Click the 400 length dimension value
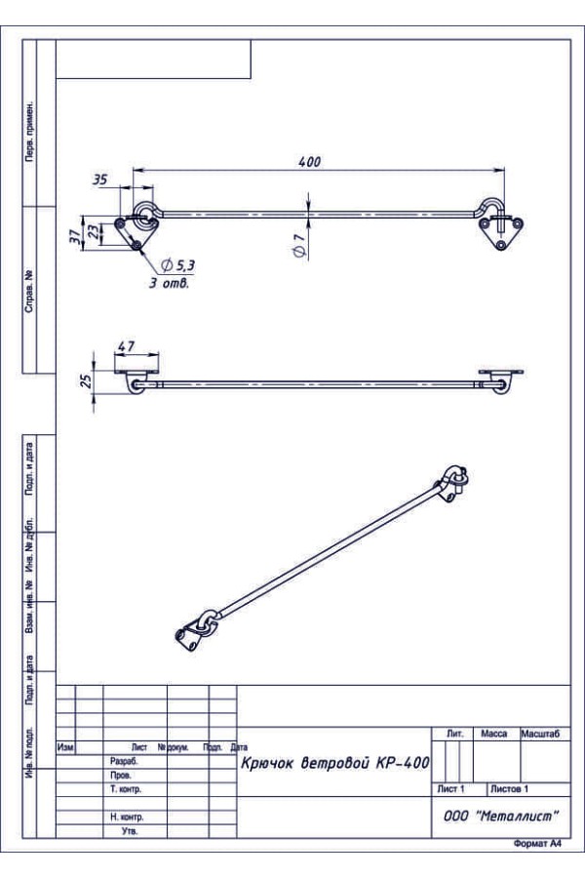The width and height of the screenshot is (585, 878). click(309, 162)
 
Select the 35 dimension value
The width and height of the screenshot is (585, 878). click(99, 180)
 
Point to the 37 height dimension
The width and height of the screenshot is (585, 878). click(75, 235)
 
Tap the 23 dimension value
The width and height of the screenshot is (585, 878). click(96, 231)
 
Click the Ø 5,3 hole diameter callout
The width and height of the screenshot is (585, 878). click(177, 264)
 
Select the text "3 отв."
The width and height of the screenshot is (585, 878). click(169, 283)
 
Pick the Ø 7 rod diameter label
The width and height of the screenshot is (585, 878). click(299, 246)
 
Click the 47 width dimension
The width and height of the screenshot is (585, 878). click(127, 346)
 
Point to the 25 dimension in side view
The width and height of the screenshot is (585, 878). click(86, 380)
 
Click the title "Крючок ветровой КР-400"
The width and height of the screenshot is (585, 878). click(334, 763)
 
